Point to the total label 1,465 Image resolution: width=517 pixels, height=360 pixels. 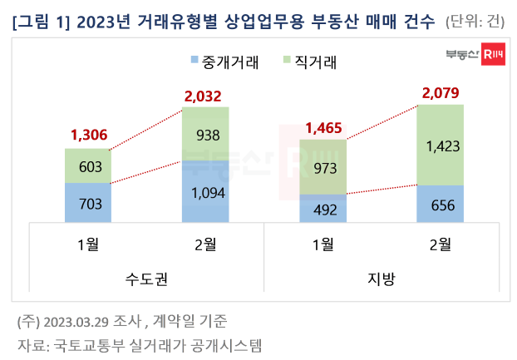point(323,128)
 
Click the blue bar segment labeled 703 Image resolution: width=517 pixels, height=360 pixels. point(89,201)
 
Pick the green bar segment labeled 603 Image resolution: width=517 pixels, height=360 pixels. point(89,165)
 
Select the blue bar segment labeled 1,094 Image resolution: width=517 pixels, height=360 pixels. point(206,190)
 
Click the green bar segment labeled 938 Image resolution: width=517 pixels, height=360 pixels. point(206,133)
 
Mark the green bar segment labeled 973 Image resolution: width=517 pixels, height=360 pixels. point(323,167)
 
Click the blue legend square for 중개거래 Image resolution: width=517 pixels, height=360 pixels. point(195,61)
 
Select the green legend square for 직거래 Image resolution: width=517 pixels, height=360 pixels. point(287,61)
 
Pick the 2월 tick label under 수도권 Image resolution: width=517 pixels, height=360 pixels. point(206,244)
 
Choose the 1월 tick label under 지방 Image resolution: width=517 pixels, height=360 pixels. point(323,244)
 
